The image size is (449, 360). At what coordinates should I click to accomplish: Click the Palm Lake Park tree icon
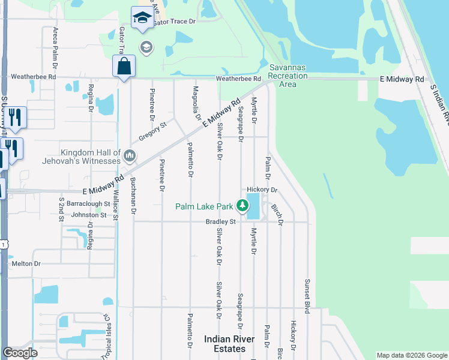tap(243, 206)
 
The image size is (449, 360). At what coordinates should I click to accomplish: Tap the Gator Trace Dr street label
tap(175, 22)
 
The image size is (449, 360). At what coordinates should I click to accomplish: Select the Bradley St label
tap(221, 221)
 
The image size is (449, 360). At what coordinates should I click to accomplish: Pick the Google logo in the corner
tap(20, 353)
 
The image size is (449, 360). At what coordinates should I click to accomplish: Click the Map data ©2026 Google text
tap(412, 355)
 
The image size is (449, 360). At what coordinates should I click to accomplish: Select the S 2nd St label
tap(61, 209)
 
